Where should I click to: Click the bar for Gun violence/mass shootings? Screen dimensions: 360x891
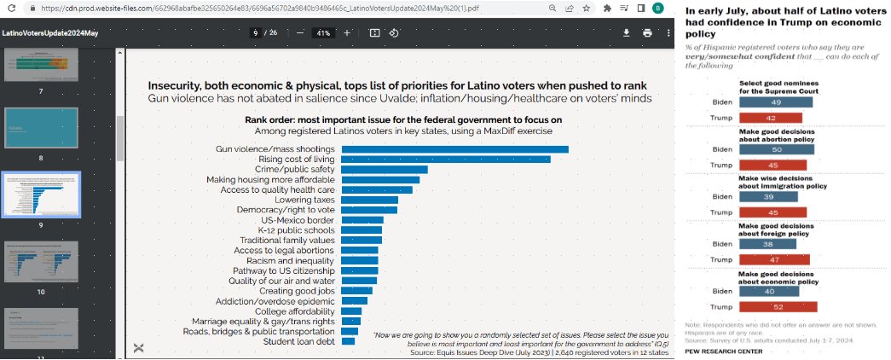pos(454,149)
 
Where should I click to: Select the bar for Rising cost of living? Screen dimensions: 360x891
pos(445,160)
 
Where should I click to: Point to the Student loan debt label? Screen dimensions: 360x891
pos(298,341)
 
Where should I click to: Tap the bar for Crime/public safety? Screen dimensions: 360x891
pos(384,170)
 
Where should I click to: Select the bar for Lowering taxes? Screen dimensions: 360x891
pos(369,200)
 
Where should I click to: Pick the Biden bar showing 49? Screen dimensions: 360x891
pos(775,102)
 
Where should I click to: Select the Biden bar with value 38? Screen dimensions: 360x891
pos(767,243)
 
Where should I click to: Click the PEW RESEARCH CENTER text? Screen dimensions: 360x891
pos(724,351)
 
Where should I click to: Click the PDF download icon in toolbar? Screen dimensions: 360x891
pos(626,33)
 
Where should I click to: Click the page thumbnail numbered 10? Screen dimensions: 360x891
pos(41,262)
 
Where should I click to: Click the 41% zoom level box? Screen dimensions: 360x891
pos(323,33)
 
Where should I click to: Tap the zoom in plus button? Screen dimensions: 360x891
pos(346,33)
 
